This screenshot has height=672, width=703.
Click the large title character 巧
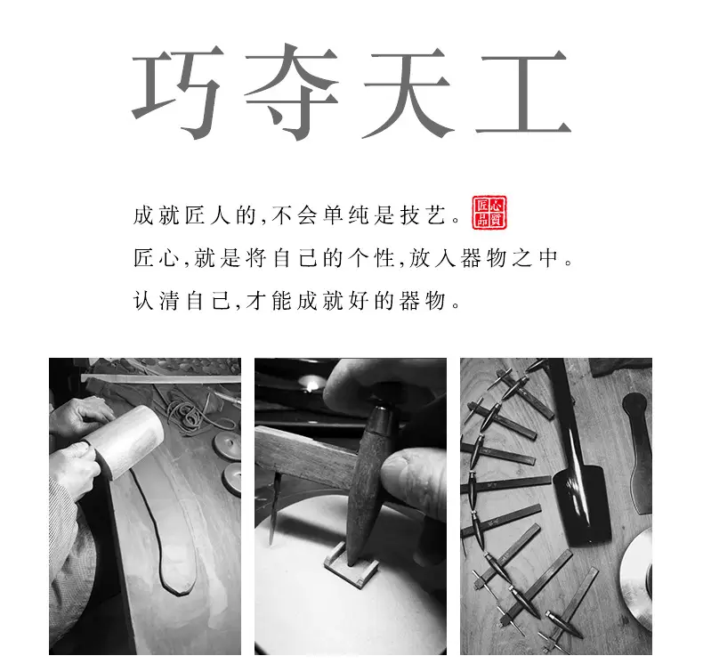tap(177, 92)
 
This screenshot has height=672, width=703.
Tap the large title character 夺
tap(291, 92)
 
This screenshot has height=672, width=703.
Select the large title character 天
tap(408, 93)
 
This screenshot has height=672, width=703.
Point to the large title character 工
tap(523, 93)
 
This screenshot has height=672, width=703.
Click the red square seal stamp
tap(489, 213)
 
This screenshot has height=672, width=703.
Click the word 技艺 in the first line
tap(424, 215)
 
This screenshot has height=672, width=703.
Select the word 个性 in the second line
tap(372, 258)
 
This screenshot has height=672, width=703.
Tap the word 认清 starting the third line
tap(157, 301)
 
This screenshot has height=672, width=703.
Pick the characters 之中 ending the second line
tap(535, 258)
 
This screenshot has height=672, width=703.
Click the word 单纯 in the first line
tap(345, 215)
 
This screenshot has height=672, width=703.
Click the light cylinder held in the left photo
tap(126, 441)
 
